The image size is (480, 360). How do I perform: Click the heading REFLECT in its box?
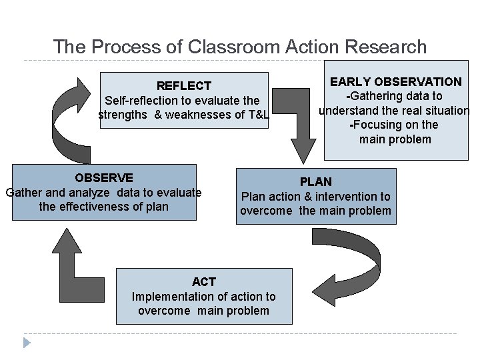coord(183,85)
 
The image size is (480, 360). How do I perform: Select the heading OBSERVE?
coord(103,178)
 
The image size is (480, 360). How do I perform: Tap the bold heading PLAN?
coord(315,182)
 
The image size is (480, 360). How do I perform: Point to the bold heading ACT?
coord(203,282)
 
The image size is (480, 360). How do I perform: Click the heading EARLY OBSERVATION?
coord(396,82)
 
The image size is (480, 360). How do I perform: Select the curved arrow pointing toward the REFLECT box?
coord(70,120)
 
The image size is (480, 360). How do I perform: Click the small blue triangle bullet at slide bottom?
coord(27,343)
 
